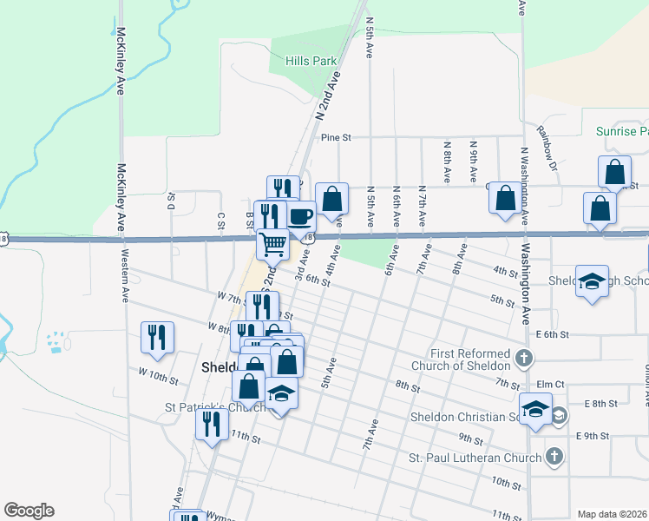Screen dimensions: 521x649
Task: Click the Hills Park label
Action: [x=311, y=62]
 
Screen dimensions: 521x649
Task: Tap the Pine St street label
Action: [x=335, y=137]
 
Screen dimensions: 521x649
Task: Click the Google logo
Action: [x=29, y=511]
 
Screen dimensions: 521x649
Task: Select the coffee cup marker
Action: [x=301, y=215]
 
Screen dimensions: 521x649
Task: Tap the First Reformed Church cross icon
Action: [x=522, y=358]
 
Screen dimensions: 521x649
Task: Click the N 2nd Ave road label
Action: [x=327, y=96]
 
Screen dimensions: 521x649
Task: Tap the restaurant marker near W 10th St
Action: [x=157, y=337]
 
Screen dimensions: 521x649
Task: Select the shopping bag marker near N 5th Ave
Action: [x=331, y=198]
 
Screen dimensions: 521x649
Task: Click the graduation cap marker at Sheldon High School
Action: [x=592, y=281]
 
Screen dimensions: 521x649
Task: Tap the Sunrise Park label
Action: [x=622, y=132]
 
